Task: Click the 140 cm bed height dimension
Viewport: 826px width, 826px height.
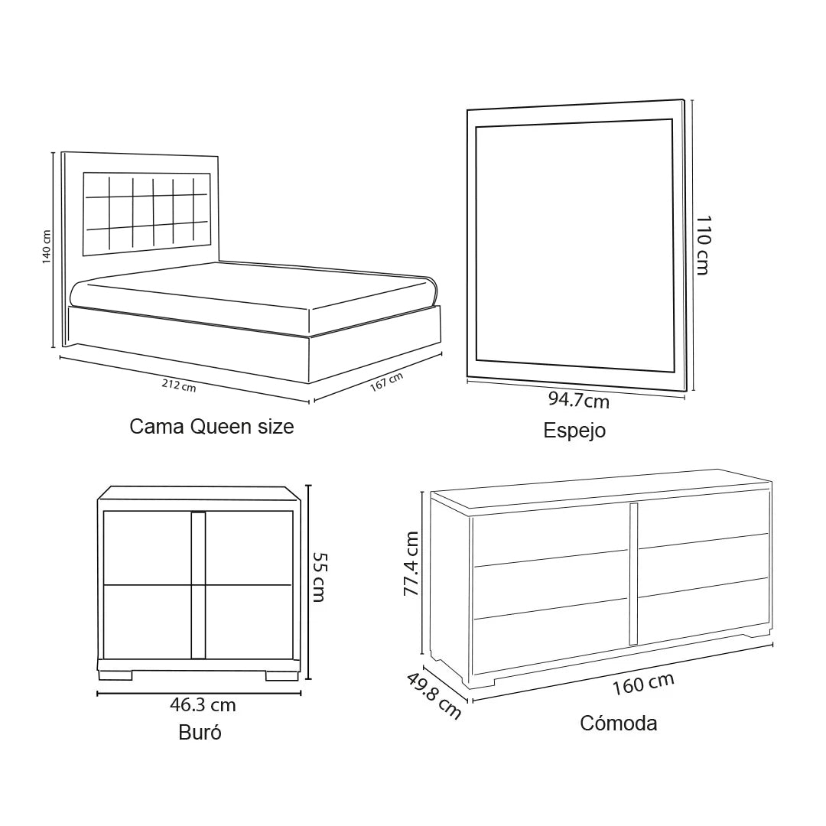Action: click(47, 247)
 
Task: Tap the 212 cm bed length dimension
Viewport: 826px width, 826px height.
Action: click(178, 385)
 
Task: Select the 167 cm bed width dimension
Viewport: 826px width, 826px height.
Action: click(386, 382)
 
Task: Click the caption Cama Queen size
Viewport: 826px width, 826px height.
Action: click(211, 426)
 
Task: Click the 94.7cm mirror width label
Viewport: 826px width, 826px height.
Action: click(578, 400)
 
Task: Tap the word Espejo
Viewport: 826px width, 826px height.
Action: click(574, 431)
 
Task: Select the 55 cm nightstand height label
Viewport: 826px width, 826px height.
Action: click(319, 577)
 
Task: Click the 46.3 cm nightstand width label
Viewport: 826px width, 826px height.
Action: click(203, 705)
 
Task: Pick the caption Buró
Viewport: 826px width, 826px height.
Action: click(200, 732)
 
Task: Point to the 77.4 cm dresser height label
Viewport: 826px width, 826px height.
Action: click(411, 564)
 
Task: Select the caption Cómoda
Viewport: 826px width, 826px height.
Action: click(619, 724)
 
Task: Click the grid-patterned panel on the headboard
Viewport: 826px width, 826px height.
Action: click(146, 213)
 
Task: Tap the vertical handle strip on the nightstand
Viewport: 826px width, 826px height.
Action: click(198, 585)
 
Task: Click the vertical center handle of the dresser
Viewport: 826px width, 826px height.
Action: click(633, 574)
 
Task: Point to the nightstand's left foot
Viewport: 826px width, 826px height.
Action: click(115, 675)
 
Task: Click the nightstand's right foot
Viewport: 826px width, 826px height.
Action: click(281, 675)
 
